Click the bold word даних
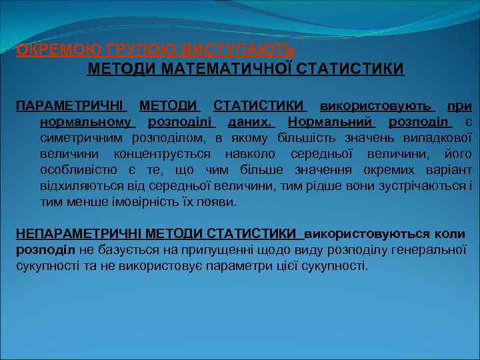[x=251, y=122]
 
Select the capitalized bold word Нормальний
[x=332, y=122]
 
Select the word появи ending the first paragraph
[x=221, y=202]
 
